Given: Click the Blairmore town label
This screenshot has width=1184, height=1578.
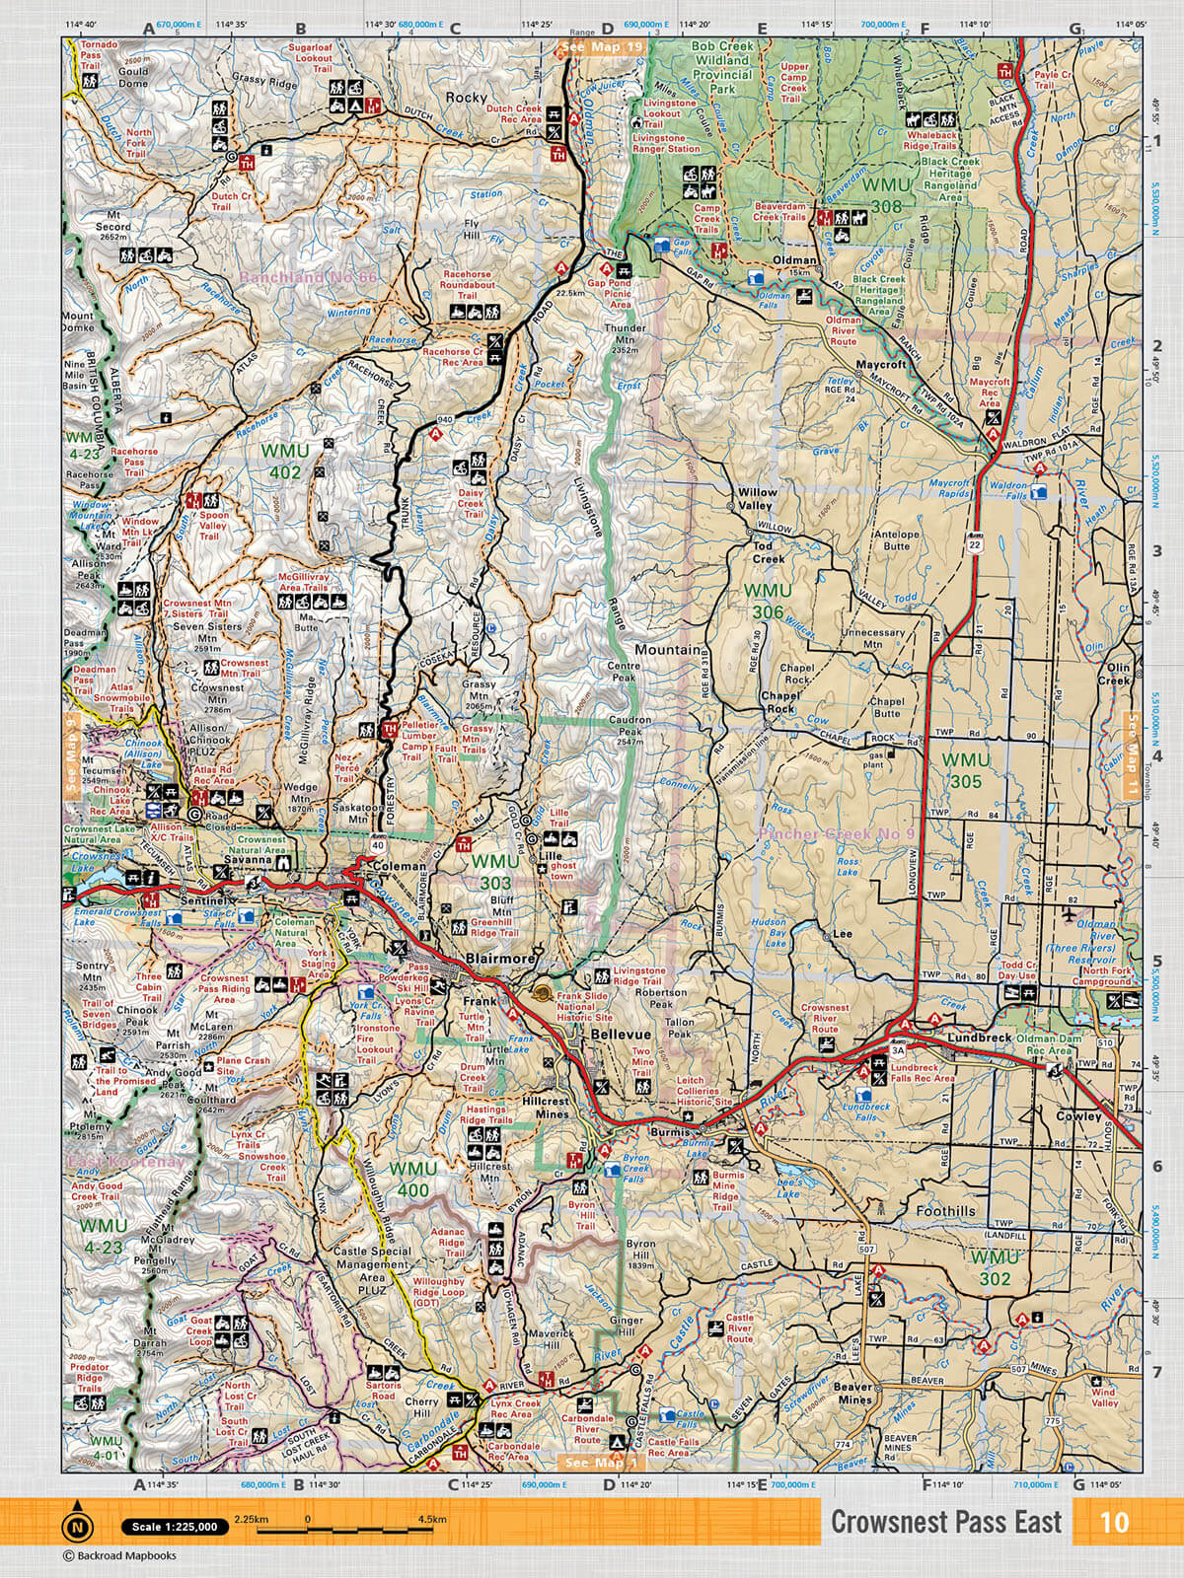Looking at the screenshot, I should coord(502,959).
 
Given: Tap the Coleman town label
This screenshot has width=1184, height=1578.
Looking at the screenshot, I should coord(401,867).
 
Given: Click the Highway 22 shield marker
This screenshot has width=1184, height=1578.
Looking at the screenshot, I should coord(975,544).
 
